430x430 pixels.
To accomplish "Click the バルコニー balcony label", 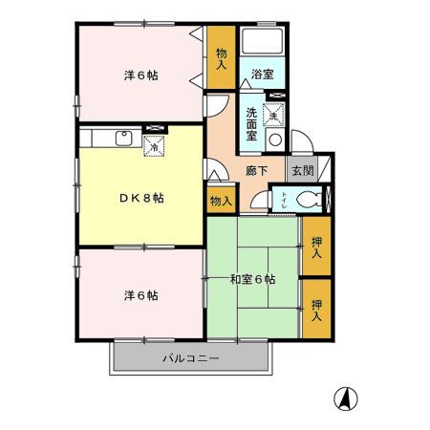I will (x=190, y=358).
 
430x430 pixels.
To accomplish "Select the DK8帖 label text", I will (x=140, y=198).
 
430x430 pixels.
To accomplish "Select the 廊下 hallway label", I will (x=256, y=172).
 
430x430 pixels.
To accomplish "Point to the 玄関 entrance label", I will (x=302, y=170).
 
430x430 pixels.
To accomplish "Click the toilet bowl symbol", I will (x=306, y=201).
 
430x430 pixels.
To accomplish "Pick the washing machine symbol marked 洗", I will (x=275, y=115).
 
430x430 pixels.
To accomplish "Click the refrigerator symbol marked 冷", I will (x=153, y=145).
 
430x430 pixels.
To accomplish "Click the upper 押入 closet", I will (x=316, y=246).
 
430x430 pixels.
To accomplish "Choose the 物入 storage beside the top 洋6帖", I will (x=221, y=59).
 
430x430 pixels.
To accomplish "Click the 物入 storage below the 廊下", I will (x=219, y=201).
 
